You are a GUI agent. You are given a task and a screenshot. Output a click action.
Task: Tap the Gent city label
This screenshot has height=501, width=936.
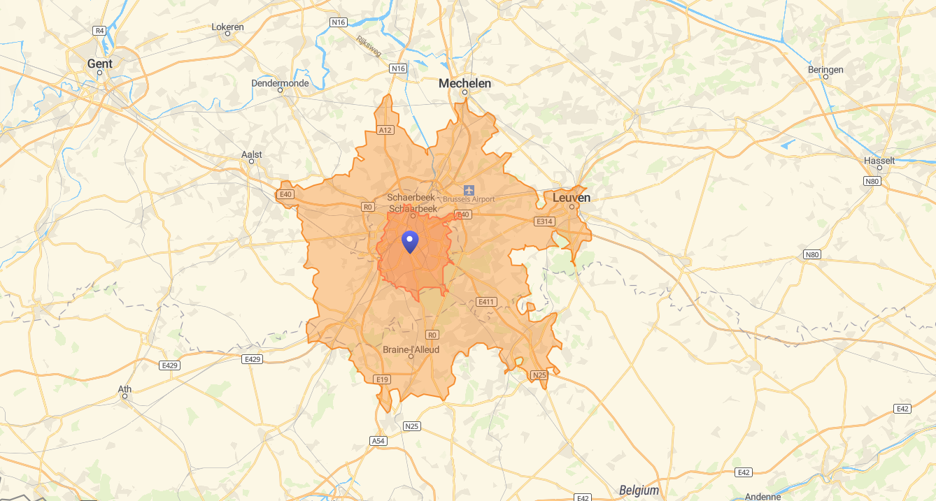(99, 64)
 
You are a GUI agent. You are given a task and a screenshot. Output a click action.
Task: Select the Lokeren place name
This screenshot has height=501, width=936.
(227, 27)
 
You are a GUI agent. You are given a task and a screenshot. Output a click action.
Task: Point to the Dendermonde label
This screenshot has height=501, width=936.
(280, 83)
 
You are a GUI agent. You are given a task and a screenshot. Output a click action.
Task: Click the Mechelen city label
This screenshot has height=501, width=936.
(465, 83)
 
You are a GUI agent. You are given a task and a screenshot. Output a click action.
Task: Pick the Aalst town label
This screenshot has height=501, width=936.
(251, 154)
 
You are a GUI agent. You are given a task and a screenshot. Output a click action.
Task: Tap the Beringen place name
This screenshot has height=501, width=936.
(825, 70)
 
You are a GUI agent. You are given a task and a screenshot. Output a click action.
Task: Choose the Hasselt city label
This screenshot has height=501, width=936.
(879, 161)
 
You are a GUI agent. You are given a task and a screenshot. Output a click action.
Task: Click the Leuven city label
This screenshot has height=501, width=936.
(572, 198)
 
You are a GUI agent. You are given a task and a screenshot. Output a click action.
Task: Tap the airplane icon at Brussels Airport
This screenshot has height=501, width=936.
(469, 189)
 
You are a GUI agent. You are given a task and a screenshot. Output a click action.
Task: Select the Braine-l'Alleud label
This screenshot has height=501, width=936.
(411, 349)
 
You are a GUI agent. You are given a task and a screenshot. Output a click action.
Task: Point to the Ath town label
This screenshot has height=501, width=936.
(125, 389)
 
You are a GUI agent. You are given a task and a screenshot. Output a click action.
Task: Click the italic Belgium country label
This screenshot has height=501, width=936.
(639, 491)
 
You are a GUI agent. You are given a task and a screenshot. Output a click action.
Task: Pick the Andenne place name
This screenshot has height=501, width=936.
(762, 496)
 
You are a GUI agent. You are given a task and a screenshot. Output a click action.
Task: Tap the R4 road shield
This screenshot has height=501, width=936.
(99, 31)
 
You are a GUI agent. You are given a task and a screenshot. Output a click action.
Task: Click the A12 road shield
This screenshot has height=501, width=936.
(385, 130)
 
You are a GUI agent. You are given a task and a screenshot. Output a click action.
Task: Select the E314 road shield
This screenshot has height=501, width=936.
(544, 222)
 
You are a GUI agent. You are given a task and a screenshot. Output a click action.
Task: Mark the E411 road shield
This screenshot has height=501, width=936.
(485, 302)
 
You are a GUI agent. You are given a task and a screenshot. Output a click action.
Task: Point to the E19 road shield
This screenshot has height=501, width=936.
(381, 379)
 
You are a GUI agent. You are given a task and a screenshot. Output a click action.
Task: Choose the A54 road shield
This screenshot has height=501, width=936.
(378, 441)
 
